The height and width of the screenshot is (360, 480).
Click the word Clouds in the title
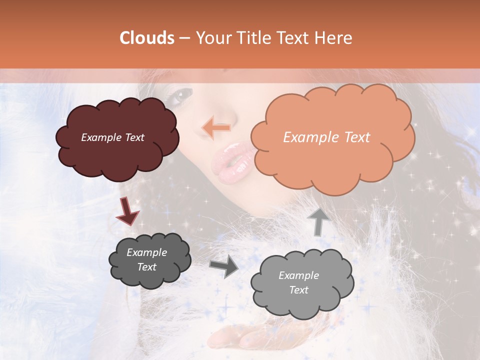click(x=147, y=38)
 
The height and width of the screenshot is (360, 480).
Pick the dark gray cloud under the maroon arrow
click(x=149, y=260)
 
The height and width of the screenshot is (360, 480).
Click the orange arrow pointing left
click(x=216, y=127)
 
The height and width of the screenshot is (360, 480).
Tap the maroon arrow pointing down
click(x=127, y=212)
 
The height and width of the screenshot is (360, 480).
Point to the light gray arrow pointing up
click(x=318, y=221)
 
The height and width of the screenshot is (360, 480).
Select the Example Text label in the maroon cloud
click(x=112, y=137)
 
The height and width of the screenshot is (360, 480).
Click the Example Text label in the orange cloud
click(x=326, y=137)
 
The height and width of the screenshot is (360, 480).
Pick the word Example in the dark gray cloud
click(x=146, y=252)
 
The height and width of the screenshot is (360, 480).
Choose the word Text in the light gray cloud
click(x=299, y=290)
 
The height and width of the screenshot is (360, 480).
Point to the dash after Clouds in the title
click(x=184, y=38)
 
